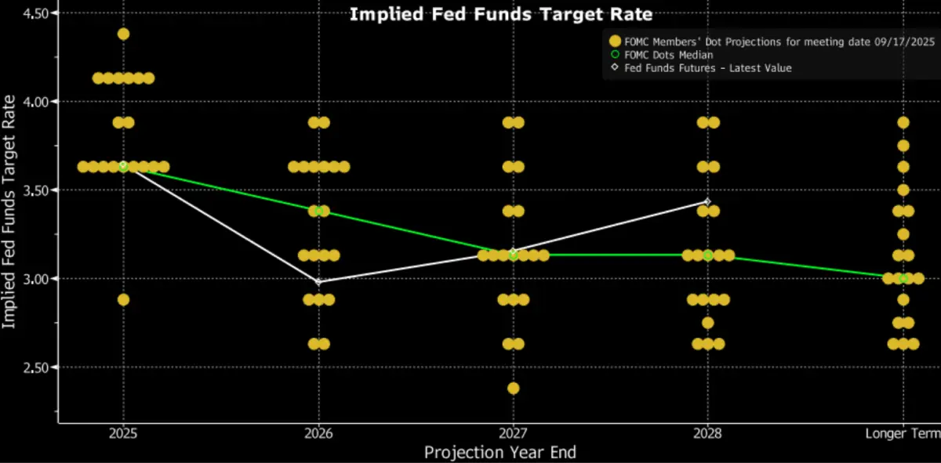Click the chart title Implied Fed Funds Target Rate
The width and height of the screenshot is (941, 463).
pos(500,13)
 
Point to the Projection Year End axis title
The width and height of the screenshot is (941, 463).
pos(500,452)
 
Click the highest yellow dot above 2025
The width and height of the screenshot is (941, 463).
pos(123,34)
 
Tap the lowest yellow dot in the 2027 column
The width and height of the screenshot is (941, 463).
pos(513,388)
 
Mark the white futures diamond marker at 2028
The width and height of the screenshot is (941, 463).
pos(707,201)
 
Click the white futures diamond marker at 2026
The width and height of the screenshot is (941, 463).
pos(318,281)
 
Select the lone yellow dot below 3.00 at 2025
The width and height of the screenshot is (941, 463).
pos(123,299)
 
